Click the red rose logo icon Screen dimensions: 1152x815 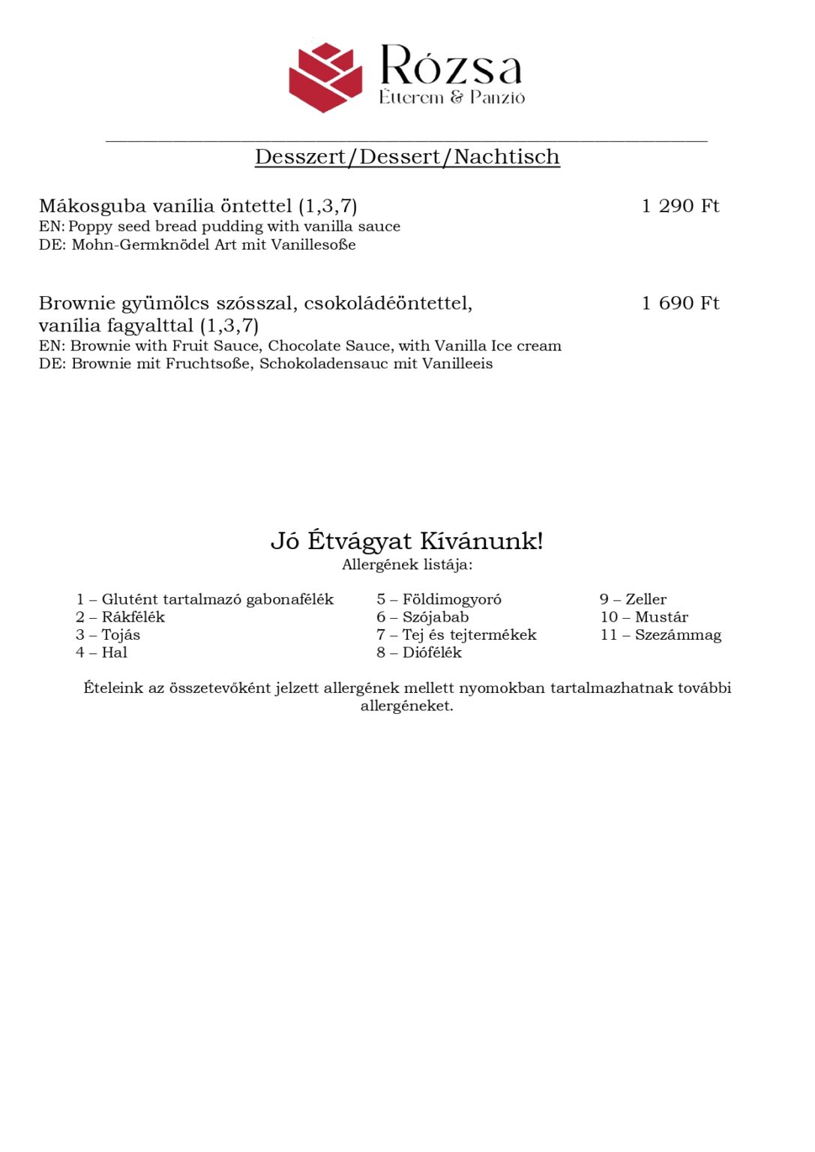click(325, 77)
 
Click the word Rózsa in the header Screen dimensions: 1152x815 click(451, 66)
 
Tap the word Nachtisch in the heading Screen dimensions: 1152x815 click(507, 157)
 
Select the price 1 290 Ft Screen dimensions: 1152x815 click(680, 206)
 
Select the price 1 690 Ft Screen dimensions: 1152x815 click(680, 303)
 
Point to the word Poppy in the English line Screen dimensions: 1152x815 click(90, 226)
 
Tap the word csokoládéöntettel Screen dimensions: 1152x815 click(388, 303)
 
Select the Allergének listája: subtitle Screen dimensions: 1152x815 click(407, 565)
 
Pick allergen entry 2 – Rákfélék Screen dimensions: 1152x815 click(120, 617)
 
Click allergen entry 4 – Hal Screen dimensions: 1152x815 click(101, 652)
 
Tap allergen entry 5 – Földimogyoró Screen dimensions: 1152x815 click(439, 599)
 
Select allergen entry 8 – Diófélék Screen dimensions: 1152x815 click(419, 652)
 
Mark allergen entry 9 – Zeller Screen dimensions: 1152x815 click(633, 599)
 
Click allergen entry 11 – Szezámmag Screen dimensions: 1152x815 click(661, 635)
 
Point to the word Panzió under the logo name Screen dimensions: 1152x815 click(497, 97)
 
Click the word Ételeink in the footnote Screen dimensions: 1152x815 click(112, 688)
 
